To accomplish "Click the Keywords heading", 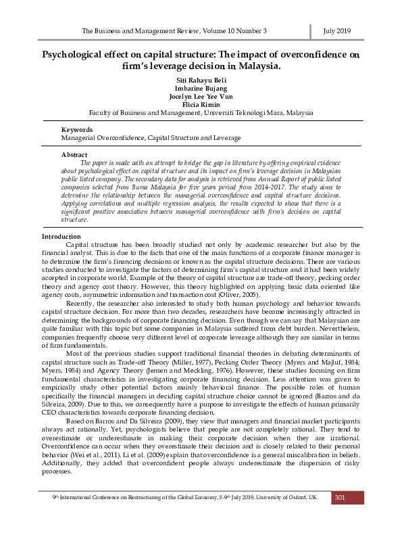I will pyautogui.click(x=76, y=129).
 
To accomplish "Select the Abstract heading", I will pyautogui.click(x=74, y=155).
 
